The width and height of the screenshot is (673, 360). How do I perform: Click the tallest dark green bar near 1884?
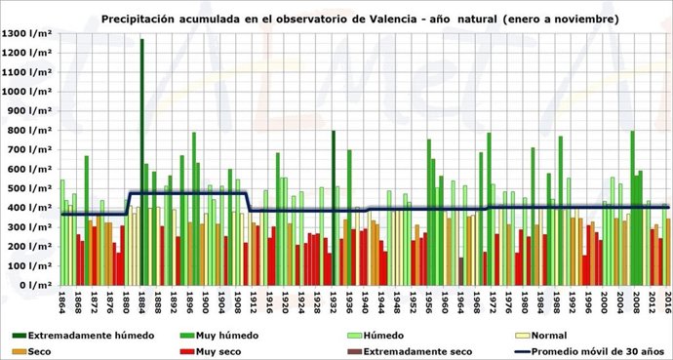(141, 162)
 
